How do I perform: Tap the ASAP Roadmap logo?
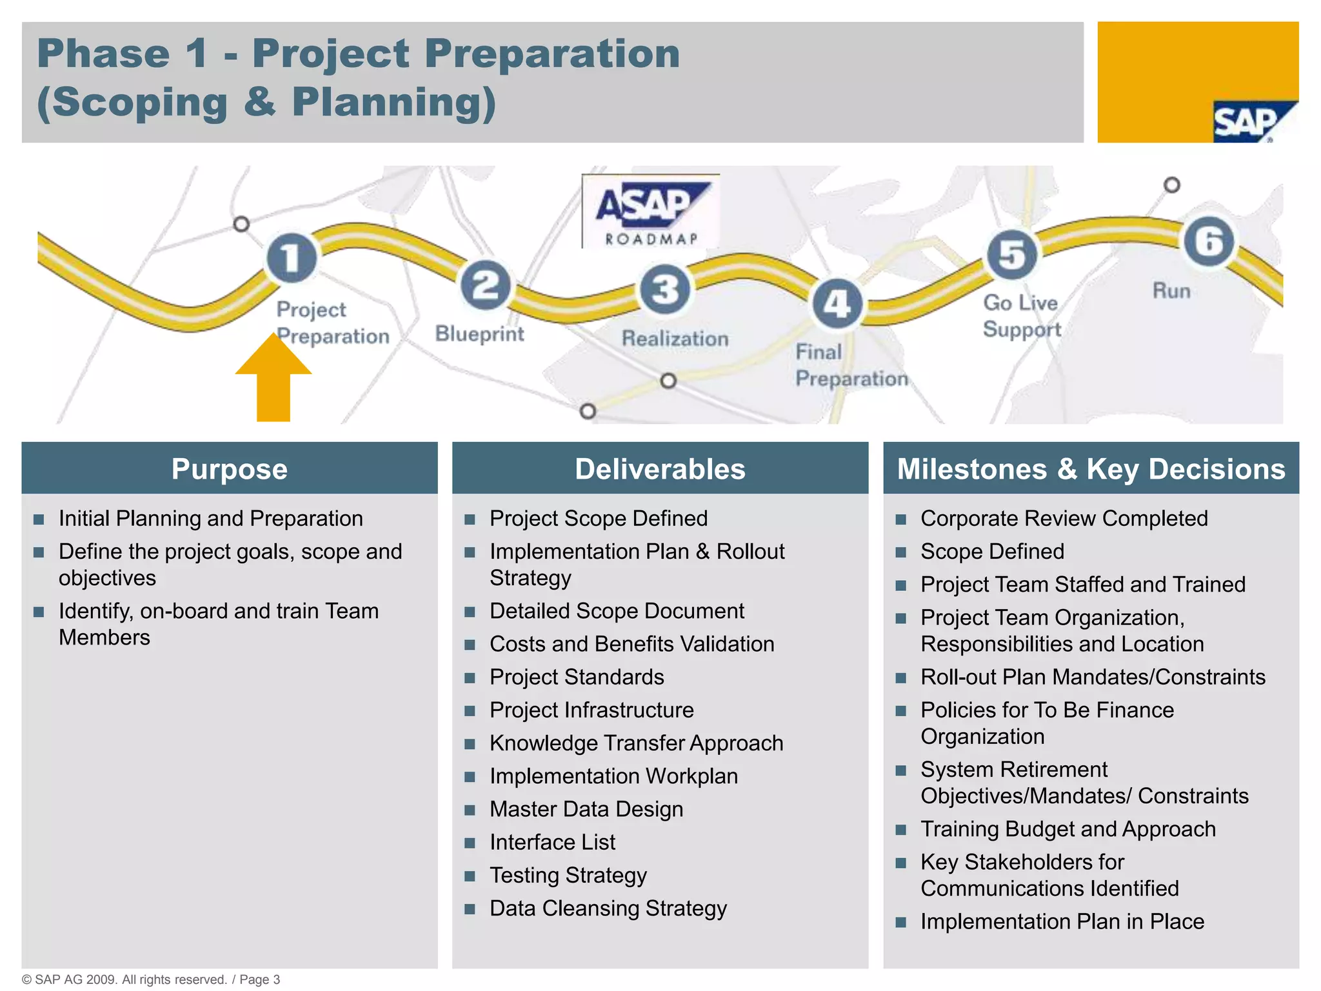coord(651,212)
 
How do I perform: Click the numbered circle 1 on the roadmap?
coord(292,257)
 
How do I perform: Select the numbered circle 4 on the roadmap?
coord(837,303)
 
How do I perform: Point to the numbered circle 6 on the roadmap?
coord(1208,241)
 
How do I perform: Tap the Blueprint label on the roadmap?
coord(479,334)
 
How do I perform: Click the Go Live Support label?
coord(1021,315)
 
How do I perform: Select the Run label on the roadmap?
coord(1171,290)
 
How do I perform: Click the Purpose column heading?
coord(230,469)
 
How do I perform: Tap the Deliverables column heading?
coord(660,469)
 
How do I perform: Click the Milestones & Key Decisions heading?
coord(1091,469)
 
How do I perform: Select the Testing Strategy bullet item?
coord(568,876)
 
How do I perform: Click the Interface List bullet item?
coord(552,843)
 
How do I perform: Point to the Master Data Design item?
coord(586,809)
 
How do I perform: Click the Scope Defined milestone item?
coord(992,552)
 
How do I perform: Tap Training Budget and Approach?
coord(1068,829)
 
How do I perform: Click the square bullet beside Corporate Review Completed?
coord(901,519)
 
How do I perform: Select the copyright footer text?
coord(151,979)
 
